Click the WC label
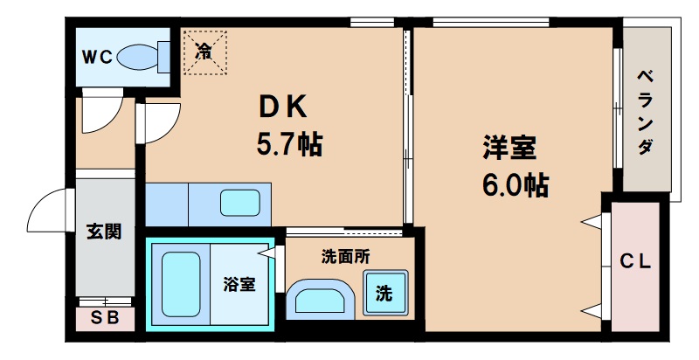97,58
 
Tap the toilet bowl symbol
139,58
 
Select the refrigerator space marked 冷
204,51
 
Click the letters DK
280,107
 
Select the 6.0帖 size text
515,184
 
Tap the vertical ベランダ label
645,111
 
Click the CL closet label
635,260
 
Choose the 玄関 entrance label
103,232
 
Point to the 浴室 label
239,284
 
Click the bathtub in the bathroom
181,283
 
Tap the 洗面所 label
346,257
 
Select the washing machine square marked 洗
384,294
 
